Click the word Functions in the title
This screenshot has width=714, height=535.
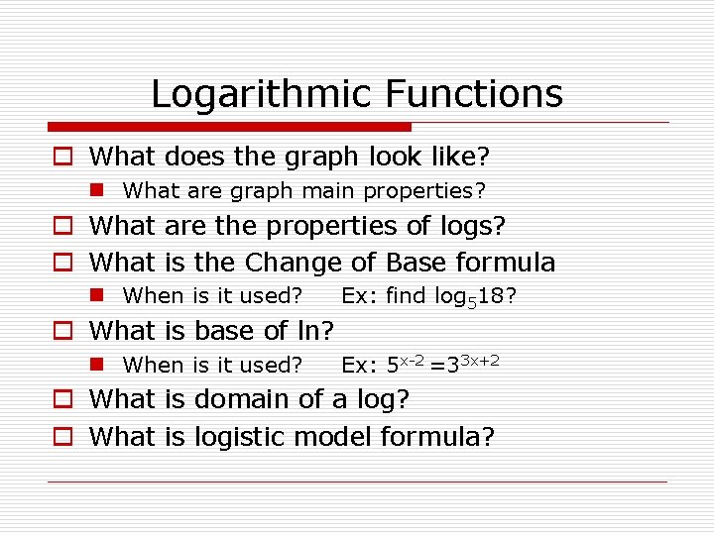(473, 95)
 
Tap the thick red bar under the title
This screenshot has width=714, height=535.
(229, 127)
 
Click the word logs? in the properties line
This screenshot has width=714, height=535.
(471, 226)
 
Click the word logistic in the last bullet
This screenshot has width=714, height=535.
(242, 437)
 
